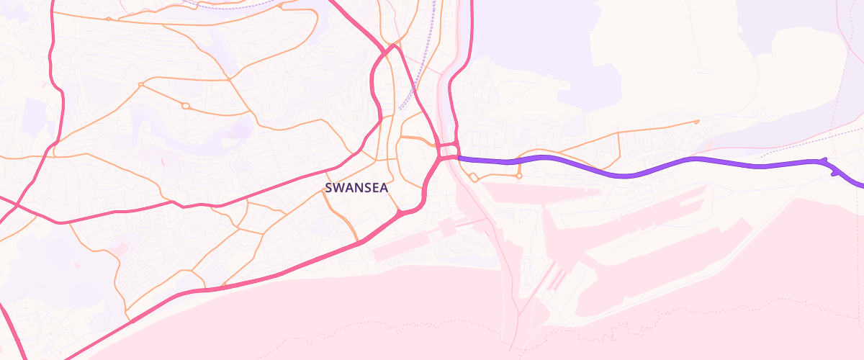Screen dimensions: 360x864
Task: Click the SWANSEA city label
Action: [356, 188]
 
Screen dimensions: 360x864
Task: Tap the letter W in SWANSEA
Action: [338, 188]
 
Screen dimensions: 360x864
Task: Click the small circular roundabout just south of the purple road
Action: [518, 176]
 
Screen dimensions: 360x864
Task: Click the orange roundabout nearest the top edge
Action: [108, 19]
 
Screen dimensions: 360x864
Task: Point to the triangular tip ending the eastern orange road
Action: [697, 122]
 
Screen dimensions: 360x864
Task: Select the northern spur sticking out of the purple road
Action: [824, 159]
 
